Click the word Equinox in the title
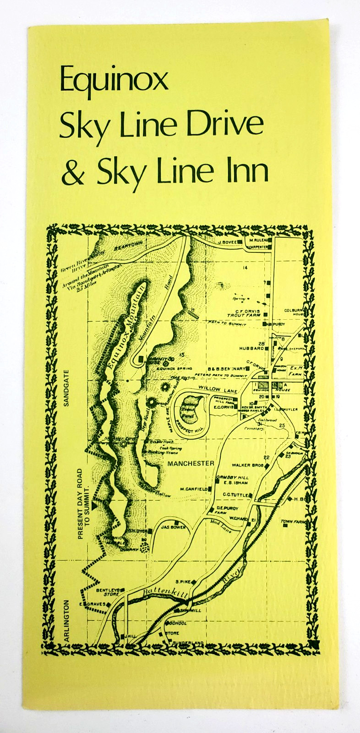pyautogui.click(x=114, y=81)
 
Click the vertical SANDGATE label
pyautogui.click(x=66, y=388)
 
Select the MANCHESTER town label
pyautogui.click(x=191, y=464)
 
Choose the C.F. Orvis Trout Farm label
pyautogui.click(x=244, y=313)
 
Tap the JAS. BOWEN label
pyautogui.click(x=174, y=527)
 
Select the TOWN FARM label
pyautogui.click(x=293, y=521)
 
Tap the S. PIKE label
pyautogui.click(x=183, y=581)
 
